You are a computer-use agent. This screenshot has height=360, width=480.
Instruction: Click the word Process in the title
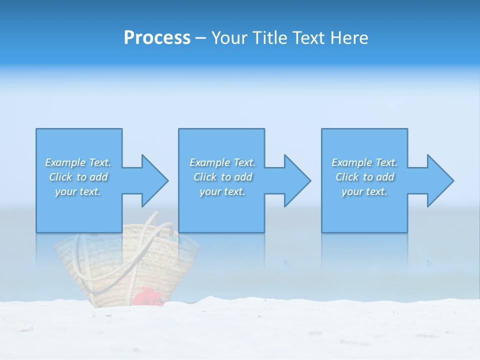157,38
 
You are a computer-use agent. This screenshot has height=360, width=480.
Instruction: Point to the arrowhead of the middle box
296,180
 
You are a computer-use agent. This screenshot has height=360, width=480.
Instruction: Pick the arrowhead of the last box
439,180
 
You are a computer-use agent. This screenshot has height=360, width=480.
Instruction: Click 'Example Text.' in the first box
78,162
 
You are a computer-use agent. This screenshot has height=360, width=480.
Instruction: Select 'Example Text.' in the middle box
222,162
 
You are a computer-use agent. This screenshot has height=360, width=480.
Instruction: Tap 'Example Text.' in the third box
364,162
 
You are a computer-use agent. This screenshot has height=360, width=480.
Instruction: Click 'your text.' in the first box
78,191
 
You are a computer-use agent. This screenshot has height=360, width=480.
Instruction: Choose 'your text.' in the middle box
222,191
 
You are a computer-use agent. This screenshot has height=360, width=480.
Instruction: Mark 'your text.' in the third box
364,191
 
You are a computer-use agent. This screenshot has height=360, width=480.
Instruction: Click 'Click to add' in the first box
78,177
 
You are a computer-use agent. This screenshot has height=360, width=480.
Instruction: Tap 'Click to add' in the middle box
222,177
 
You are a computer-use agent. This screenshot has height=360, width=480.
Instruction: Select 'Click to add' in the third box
364,177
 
